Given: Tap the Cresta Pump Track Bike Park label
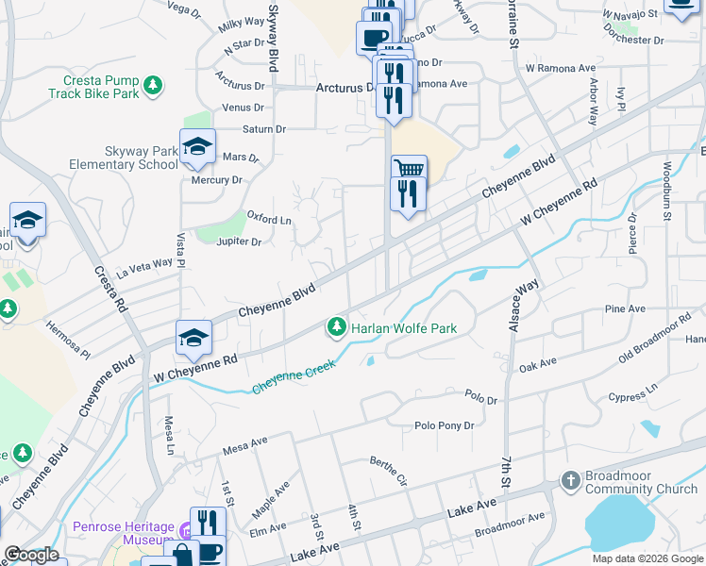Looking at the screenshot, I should [101, 87].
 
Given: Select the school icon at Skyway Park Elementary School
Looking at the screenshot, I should [198, 147].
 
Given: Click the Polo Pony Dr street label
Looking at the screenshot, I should [444, 425].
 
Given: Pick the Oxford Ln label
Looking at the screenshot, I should [269, 218].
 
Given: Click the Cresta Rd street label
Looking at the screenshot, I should [109, 289].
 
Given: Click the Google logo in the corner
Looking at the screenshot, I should [31, 554].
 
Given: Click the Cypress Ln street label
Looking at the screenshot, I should [633, 391].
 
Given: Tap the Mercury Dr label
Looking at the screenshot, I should [216, 179].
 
